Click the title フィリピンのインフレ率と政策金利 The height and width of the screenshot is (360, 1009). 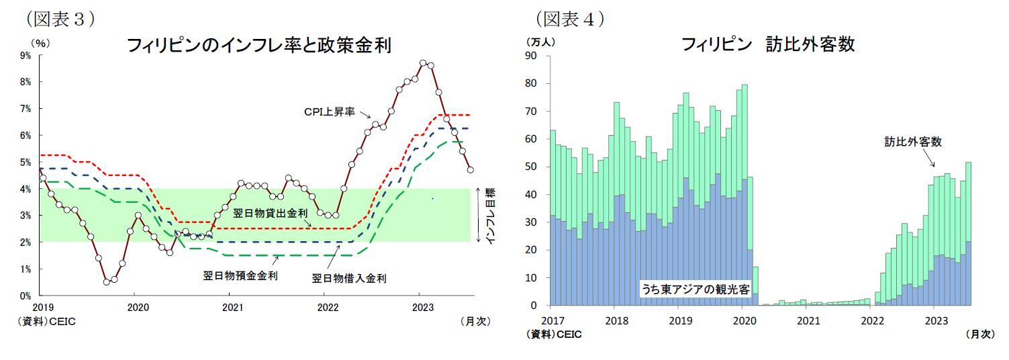coord(258,46)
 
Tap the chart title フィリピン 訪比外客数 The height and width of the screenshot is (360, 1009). coord(767,44)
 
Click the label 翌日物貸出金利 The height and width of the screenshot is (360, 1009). coord(271,214)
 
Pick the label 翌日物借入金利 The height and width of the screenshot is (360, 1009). coord(349,278)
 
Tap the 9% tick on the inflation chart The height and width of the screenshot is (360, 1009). coord(26,56)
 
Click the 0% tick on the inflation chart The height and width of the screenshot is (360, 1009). coord(26,296)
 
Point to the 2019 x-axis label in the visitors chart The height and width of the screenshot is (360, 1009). coord(680,320)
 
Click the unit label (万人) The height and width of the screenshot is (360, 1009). coord(539,42)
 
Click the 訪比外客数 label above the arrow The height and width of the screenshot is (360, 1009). coord(912,142)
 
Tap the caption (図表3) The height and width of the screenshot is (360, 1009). coord(60,19)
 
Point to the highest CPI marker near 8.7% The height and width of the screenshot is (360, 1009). coord(422,63)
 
